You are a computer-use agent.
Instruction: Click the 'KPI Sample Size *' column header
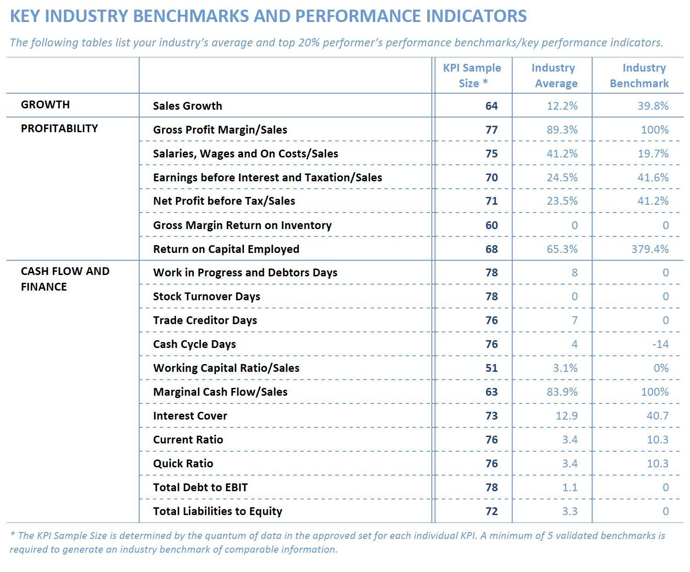pyautogui.click(x=472, y=75)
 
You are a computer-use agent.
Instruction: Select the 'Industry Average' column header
pyautogui.click(x=554, y=75)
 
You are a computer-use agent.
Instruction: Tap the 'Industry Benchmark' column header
pyautogui.click(x=639, y=75)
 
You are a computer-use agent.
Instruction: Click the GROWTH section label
pyautogui.click(x=45, y=104)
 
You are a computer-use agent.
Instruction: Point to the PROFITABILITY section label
pyautogui.click(x=59, y=128)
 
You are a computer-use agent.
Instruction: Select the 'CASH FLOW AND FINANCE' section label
pyautogui.click(x=65, y=279)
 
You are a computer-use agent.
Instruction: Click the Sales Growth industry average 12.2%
pyautogui.click(x=562, y=106)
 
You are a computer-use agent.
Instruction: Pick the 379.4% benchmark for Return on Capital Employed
pyautogui.click(x=650, y=249)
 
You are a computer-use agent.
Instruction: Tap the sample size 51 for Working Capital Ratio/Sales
pyautogui.click(x=492, y=368)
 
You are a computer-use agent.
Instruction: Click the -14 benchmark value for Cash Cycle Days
pyautogui.click(x=660, y=344)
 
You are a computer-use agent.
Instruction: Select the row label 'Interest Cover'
pyautogui.click(x=190, y=415)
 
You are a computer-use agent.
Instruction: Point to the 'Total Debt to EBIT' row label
pyautogui.click(x=200, y=487)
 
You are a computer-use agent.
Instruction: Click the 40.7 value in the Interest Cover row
pyautogui.click(x=658, y=415)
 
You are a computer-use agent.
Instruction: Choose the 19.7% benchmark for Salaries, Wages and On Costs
pyautogui.click(x=653, y=154)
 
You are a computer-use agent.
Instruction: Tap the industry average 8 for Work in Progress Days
pyautogui.click(x=575, y=273)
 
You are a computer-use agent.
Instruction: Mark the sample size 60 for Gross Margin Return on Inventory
pyautogui.click(x=492, y=225)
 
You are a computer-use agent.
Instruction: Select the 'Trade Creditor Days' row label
pyautogui.click(x=205, y=320)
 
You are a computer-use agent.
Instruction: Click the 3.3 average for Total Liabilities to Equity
pyautogui.click(x=570, y=511)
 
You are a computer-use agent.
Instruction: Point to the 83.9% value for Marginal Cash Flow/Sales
pyautogui.click(x=562, y=392)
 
